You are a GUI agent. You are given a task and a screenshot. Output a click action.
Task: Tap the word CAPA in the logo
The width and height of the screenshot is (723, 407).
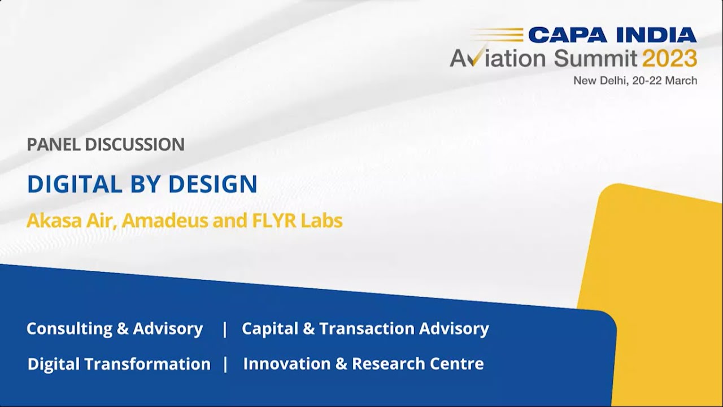tap(567, 35)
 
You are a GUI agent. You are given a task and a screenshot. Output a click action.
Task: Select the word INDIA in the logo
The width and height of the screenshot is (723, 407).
tap(656, 35)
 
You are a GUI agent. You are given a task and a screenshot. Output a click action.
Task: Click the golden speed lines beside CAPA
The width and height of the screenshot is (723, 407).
tap(497, 35)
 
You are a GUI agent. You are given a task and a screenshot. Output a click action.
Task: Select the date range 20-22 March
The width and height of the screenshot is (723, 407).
tap(665, 80)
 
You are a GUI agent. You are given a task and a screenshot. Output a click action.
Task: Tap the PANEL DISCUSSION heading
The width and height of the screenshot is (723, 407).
tap(106, 145)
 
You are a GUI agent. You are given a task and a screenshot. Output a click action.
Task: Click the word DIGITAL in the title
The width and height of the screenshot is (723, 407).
tap(75, 184)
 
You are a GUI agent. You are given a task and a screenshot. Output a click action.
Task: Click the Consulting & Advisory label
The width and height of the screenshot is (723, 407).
tap(115, 328)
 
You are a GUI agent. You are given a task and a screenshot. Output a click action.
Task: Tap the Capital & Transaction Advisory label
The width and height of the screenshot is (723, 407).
tap(365, 328)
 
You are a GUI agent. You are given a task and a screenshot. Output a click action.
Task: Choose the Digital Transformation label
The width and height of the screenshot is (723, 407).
tap(119, 364)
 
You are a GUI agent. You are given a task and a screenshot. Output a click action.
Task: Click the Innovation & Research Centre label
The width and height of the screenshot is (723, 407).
tap(363, 364)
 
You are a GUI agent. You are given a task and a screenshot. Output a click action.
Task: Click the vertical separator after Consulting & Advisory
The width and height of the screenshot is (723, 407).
tap(225, 329)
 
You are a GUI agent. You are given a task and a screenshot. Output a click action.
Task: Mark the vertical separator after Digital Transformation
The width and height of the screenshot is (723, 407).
tap(225, 365)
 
